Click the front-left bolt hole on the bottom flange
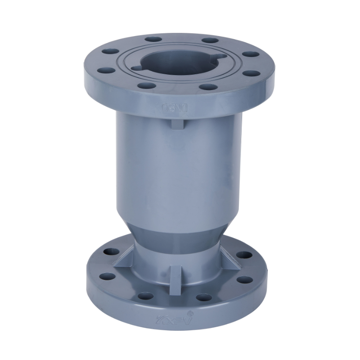145,296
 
